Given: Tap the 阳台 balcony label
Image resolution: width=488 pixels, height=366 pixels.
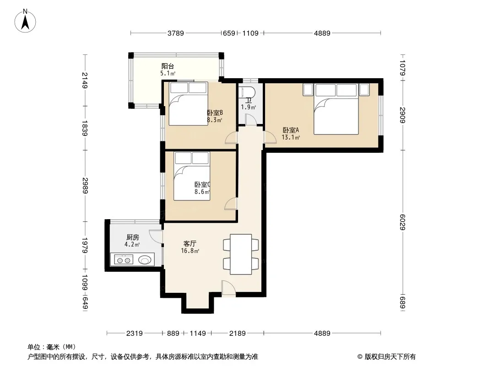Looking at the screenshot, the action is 168,66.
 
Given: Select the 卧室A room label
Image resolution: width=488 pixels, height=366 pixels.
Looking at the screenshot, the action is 291,130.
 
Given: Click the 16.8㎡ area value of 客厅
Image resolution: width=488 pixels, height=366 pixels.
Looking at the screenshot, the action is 190,251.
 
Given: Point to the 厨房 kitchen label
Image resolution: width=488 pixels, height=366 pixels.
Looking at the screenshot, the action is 133,237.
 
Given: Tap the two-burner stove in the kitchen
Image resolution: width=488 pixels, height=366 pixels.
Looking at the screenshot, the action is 124,259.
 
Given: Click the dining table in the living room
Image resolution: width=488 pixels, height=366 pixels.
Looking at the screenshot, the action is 241,254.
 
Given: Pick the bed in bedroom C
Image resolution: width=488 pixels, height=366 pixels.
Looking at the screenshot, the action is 192,176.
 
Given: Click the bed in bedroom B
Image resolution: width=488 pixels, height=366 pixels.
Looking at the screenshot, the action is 188,103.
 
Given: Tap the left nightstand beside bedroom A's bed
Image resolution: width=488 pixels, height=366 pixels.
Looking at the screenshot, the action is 308,90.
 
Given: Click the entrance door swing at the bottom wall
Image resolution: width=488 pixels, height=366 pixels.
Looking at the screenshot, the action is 228,288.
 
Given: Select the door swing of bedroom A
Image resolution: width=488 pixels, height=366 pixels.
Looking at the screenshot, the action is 270,137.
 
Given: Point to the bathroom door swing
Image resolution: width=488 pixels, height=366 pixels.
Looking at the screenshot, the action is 250,120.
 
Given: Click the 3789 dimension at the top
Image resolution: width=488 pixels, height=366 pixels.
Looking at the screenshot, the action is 176,33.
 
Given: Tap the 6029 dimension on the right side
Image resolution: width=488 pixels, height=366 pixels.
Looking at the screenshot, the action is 402,222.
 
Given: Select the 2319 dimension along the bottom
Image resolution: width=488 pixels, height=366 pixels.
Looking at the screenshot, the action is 135,334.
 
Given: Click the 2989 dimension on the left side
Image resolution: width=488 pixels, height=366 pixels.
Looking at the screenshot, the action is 85,185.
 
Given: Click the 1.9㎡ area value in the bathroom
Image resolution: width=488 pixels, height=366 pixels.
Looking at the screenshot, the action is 249,107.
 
